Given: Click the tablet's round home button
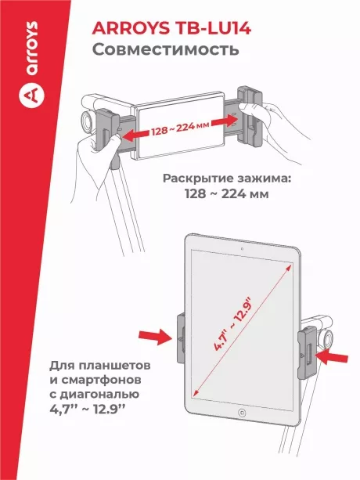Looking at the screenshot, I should [x=242, y=434].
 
